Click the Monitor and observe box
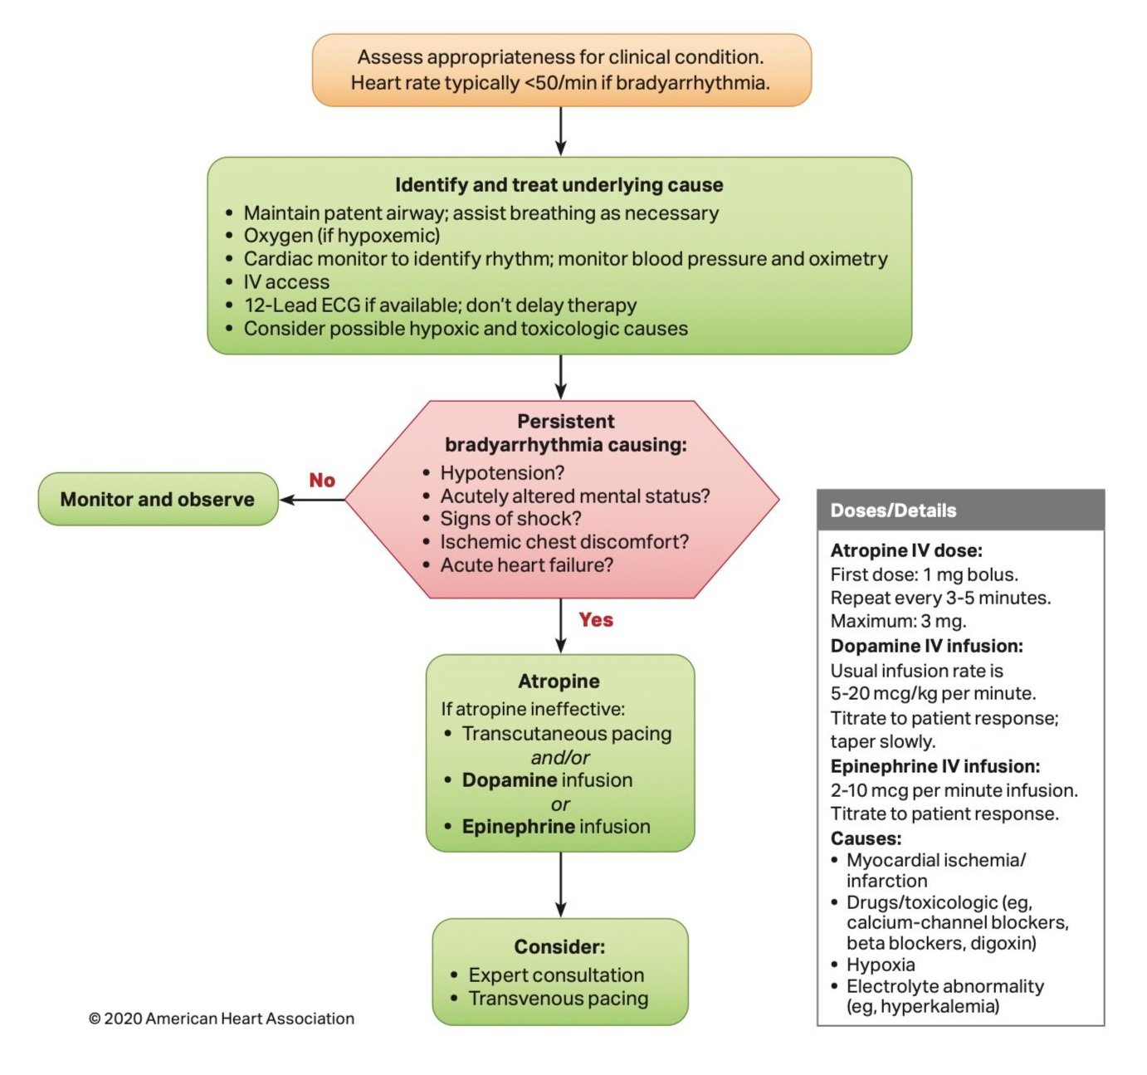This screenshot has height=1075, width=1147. click(159, 499)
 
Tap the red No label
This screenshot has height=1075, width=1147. click(322, 480)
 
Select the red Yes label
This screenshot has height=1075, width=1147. click(596, 620)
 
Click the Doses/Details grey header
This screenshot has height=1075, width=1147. click(960, 510)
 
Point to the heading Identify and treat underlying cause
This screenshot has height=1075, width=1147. click(559, 185)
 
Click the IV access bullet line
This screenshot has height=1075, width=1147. click(279, 282)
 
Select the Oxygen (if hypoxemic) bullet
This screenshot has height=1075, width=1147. click(334, 236)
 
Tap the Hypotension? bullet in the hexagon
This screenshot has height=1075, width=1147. click(495, 473)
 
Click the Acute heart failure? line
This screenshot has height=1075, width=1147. click(519, 565)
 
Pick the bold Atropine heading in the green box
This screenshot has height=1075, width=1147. click(559, 681)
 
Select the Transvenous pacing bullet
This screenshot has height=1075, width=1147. click(549, 998)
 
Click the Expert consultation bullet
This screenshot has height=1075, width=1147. click(548, 975)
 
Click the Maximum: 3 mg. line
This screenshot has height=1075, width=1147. click(898, 621)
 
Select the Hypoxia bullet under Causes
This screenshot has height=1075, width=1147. click(872, 965)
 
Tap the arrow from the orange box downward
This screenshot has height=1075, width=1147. click(560, 131)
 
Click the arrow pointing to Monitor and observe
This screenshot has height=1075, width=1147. click(312, 500)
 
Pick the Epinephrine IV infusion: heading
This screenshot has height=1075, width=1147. click(935, 766)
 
